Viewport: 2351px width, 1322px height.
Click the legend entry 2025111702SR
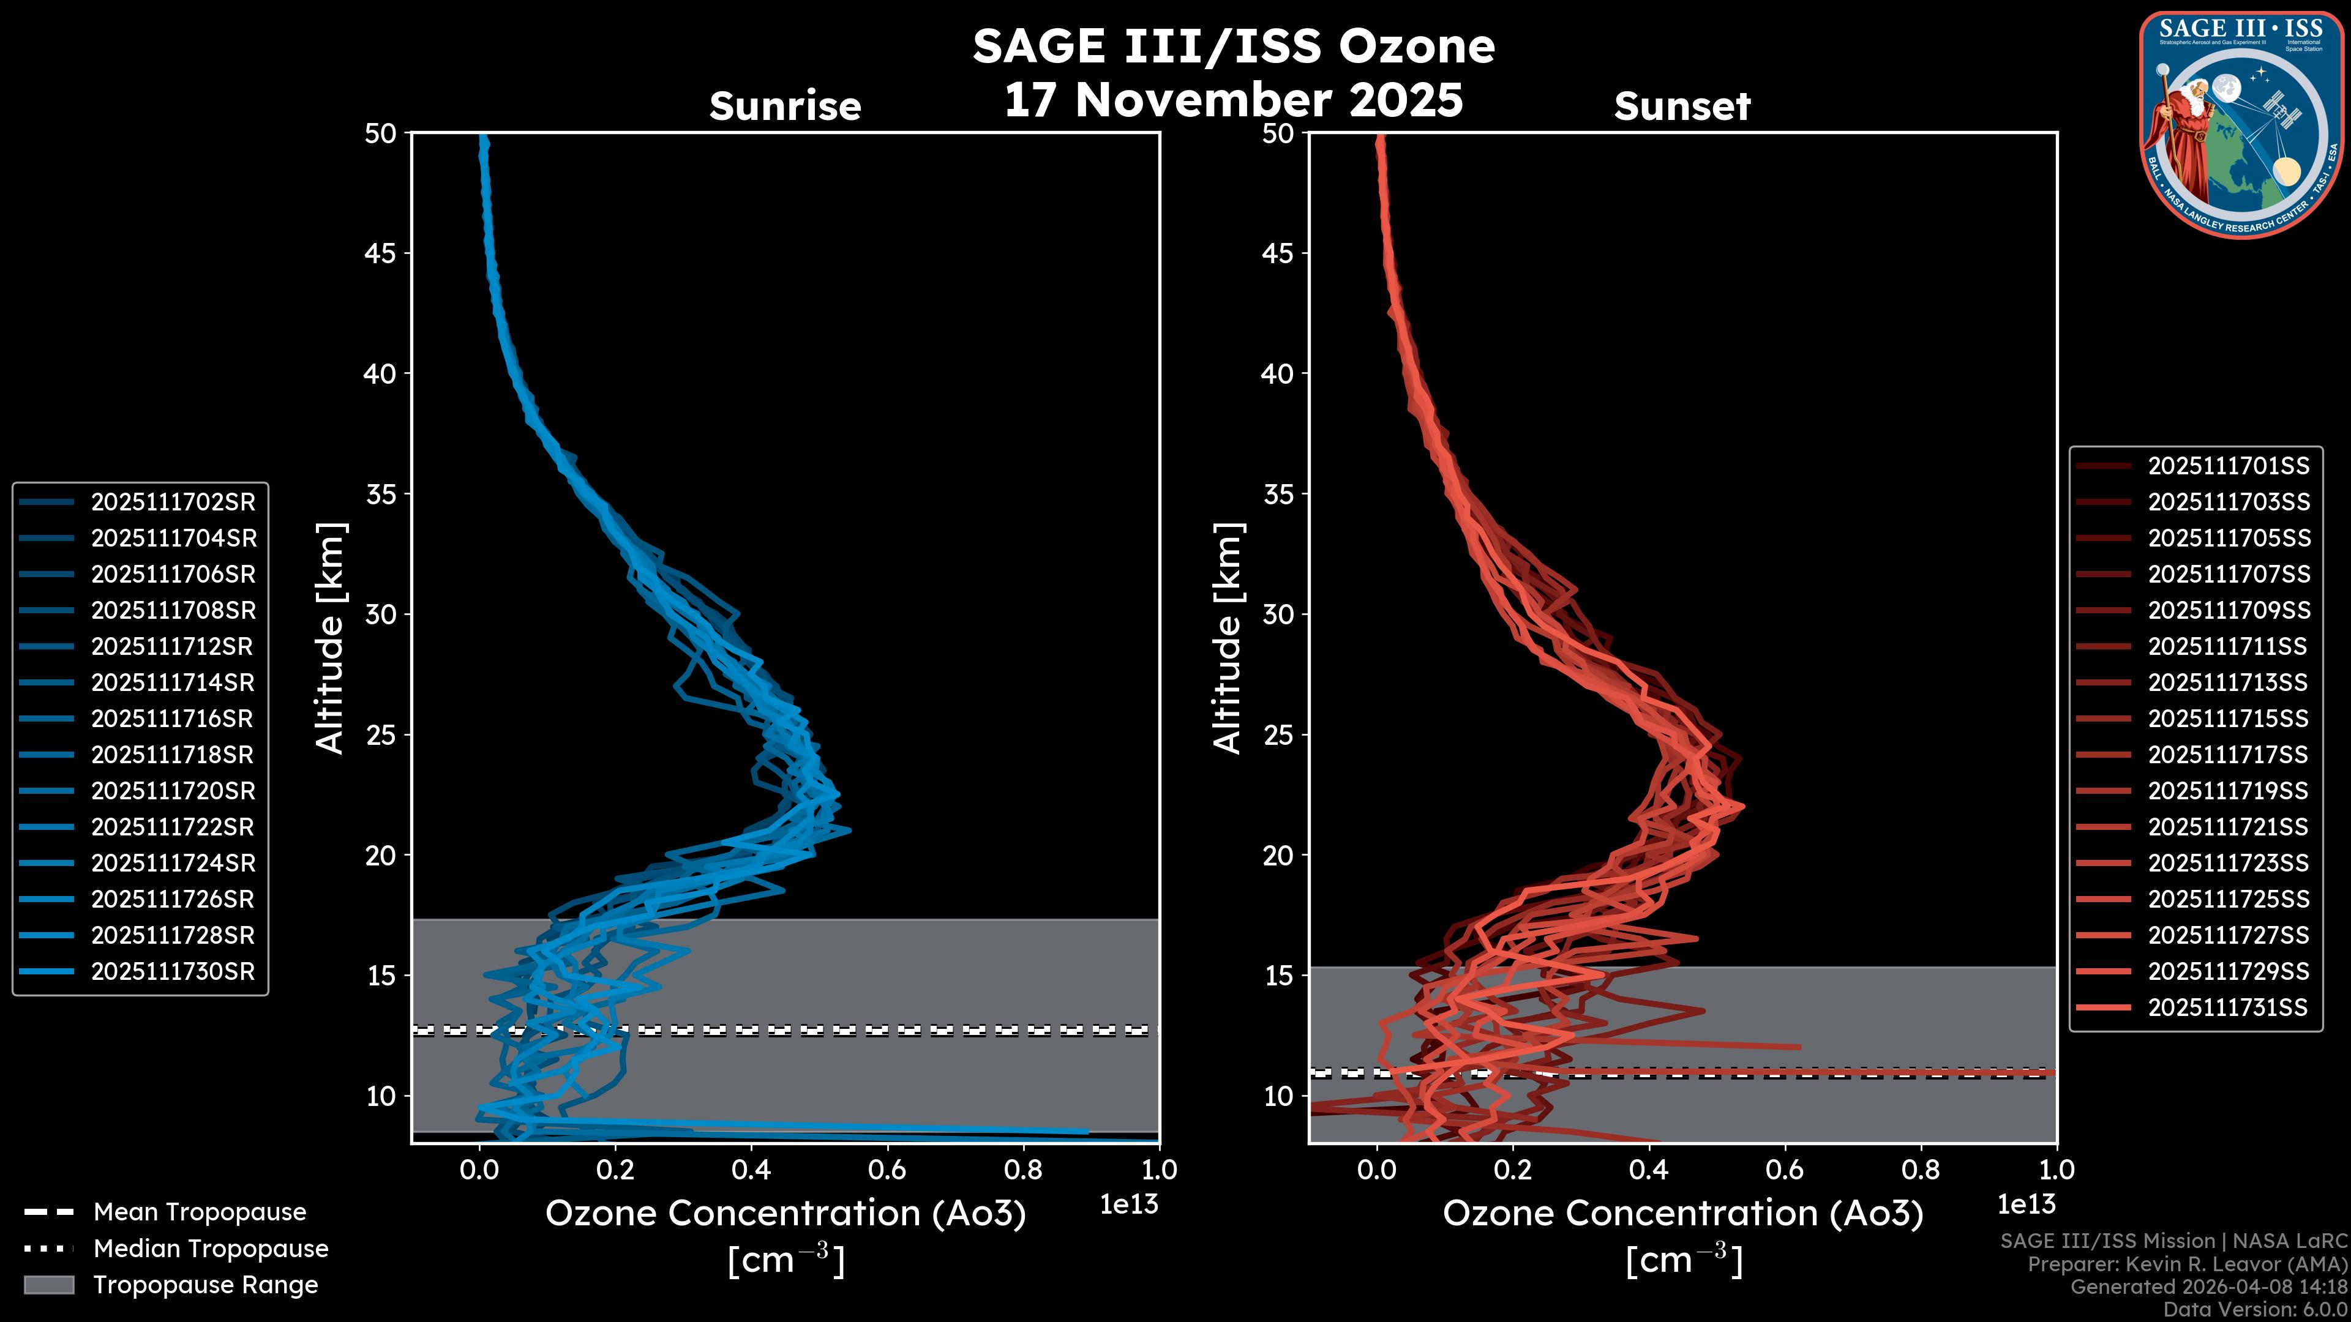(173, 502)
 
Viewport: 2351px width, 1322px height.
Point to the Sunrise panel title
(785, 106)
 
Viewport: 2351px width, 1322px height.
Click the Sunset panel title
(1682, 106)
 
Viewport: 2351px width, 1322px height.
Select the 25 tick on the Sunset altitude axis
(1278, 734)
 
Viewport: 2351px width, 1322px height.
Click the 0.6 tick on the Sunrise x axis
(887, 1170)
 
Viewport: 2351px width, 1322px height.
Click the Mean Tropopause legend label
(200, 1212)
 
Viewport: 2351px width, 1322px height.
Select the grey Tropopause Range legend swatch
(48, 1285)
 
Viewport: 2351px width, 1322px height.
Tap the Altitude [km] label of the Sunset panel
(1228, 638)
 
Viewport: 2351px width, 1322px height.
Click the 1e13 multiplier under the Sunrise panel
(1129, 1204)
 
